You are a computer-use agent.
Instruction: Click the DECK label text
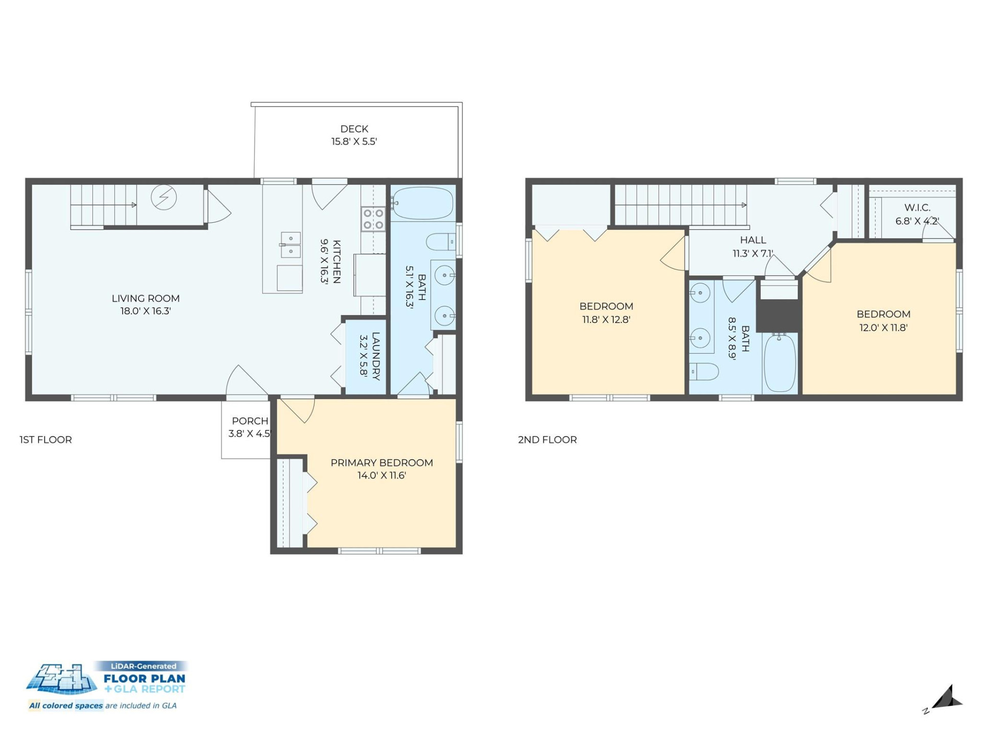[354, 129]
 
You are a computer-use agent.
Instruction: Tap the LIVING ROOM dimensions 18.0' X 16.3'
[145, 311]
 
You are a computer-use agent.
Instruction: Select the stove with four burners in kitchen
[373, 219]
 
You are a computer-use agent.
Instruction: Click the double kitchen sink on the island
[291, 245]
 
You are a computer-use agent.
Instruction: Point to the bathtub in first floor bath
[422, 203]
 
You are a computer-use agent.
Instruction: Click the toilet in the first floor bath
[440, 242]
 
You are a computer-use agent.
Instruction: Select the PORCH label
[250, 421]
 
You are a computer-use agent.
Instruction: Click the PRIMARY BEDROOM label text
[382, 463]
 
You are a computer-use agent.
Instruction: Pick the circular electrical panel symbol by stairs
[164, 197]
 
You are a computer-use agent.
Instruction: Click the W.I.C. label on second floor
[917, 208]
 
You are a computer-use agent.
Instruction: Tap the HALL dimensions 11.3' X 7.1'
[752, 254]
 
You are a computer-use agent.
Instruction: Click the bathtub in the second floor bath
[780, 363]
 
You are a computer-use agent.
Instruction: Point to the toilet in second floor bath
[704, 372]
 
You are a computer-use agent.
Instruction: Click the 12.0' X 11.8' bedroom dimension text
[883, 328]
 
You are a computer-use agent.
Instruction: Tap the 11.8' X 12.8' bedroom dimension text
[606, 320]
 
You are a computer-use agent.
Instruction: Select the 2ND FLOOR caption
[547, 440]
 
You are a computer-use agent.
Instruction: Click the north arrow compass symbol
[947, 699]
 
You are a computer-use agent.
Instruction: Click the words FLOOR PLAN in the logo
[144, 679]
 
